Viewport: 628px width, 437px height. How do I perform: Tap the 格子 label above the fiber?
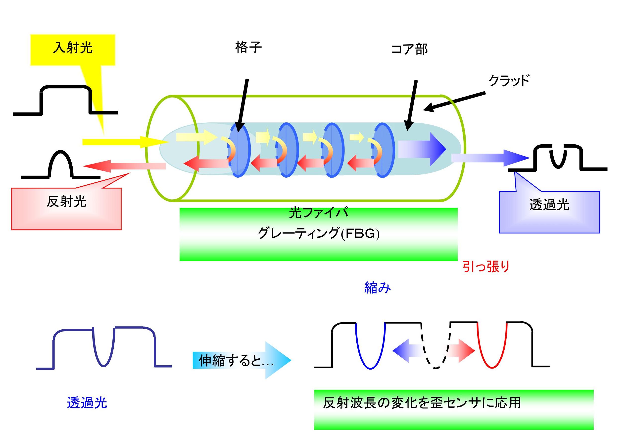coord(248,47)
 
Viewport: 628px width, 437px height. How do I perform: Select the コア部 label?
coord(409,50)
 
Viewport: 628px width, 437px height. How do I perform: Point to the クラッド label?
coord(509,80)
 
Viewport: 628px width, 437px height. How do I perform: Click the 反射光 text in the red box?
coord(66,202)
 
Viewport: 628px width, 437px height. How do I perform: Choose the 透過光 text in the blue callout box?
coord(549,205)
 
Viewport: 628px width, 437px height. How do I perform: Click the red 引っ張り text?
coord(486,266)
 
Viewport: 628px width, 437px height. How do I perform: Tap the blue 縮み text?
coord(378,288)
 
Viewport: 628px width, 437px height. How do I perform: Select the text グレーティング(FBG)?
coord(319,233)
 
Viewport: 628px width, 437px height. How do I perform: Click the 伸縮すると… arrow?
coord(241,360)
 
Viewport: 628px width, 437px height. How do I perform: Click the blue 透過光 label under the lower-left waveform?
coord(87,403)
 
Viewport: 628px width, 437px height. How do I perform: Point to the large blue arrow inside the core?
coord(423,149)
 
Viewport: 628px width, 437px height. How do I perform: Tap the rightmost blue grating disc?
coord(384,150)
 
